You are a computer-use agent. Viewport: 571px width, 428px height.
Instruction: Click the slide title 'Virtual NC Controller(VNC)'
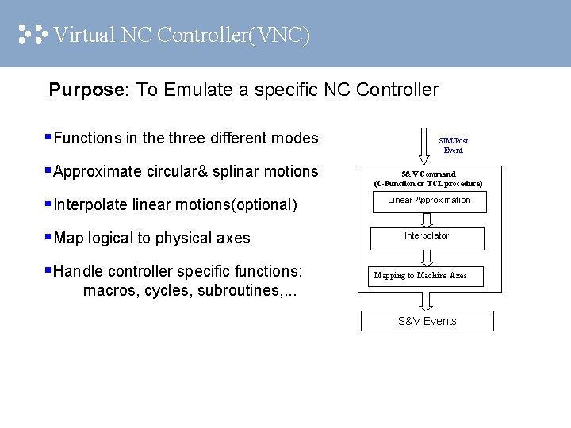(182, 35)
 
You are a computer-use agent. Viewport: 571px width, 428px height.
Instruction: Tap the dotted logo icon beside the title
(33, 34)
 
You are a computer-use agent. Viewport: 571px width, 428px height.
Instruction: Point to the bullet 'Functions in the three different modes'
(186, 139)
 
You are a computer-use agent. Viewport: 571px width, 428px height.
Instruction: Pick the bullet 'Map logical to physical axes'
(151, 239)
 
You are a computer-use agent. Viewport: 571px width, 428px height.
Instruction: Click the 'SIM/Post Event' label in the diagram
(454, 145)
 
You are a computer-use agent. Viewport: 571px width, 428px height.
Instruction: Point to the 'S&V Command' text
(427, 174)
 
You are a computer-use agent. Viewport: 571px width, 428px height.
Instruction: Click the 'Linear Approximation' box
(429, 201)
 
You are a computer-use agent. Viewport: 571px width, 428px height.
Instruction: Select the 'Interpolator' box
(427, 238)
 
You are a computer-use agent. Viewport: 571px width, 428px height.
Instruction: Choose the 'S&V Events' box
(427, 321)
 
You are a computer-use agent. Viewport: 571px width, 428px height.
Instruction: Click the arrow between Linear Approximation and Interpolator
(427, 220)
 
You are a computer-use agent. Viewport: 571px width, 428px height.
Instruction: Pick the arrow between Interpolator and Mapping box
(427, 258)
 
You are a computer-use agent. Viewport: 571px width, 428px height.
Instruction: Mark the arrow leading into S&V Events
(427, 300)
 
